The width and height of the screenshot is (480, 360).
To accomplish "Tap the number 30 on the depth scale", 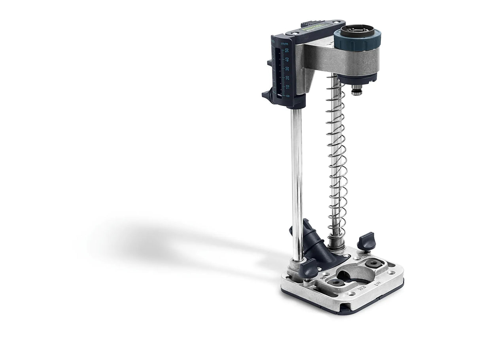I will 287,68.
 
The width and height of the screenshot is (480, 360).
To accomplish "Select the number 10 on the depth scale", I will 288,87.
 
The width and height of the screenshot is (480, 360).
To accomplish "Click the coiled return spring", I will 337,158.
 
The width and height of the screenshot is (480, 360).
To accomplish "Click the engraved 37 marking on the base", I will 381,294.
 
